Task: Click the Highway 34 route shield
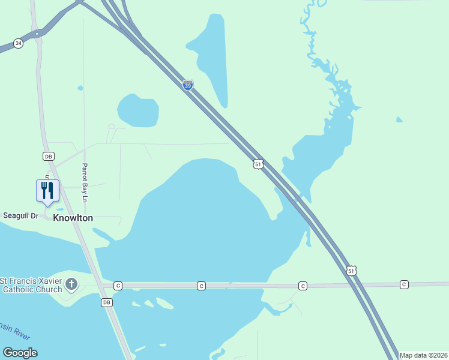(x=19, y=44)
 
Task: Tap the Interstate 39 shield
(x=188, y=85)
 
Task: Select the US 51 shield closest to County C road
(x=351, y=271)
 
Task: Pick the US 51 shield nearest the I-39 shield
(x=258, y=164)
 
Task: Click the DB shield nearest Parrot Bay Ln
(x=49, y=156)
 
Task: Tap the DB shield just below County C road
(x=106, y=302)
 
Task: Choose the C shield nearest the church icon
(x=118, y=286)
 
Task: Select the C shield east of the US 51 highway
(x=404, y=284)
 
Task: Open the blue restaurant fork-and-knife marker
(x=47, y=191)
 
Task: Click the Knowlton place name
(x=73, y=218)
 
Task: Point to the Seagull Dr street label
(x=20, y=215)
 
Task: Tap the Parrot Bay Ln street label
(x=85, y=182)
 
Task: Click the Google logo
(x=20, y=353)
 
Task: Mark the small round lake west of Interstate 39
(x=138, y=110)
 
